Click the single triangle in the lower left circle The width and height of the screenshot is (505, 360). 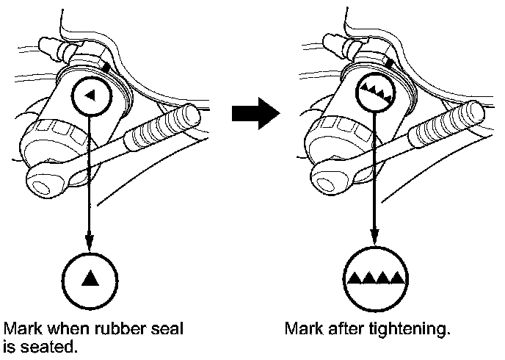click(x=90, y=278)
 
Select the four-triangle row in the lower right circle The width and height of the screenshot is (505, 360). click(x=375, y=278)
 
